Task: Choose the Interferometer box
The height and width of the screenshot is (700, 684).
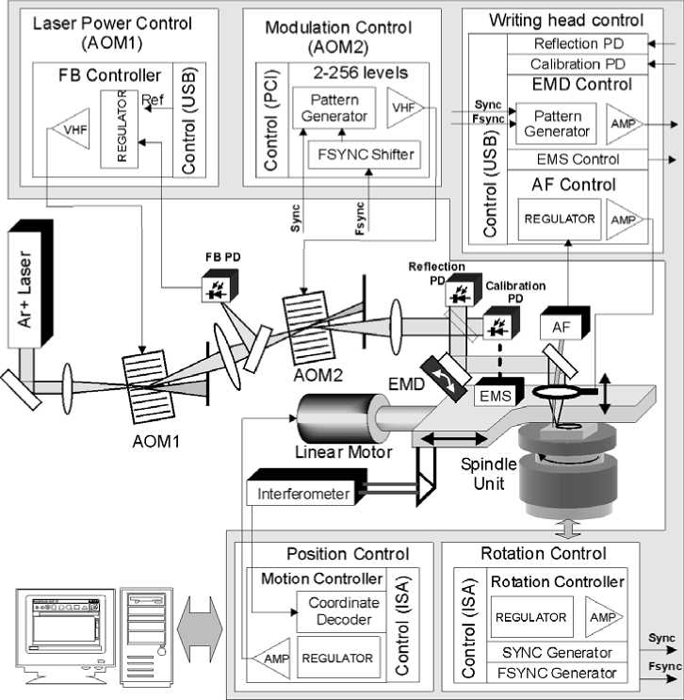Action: coord(303,493)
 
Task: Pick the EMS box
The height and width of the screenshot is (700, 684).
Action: coord(496,396)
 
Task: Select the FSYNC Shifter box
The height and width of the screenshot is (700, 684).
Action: coord(362,155)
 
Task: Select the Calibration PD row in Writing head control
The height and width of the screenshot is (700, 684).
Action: coord(578,63)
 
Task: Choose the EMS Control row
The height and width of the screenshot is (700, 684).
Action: coord(578,159)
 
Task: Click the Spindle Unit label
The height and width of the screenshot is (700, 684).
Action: coord(487,474)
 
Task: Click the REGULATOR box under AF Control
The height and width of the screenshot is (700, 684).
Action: coord(560,219)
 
